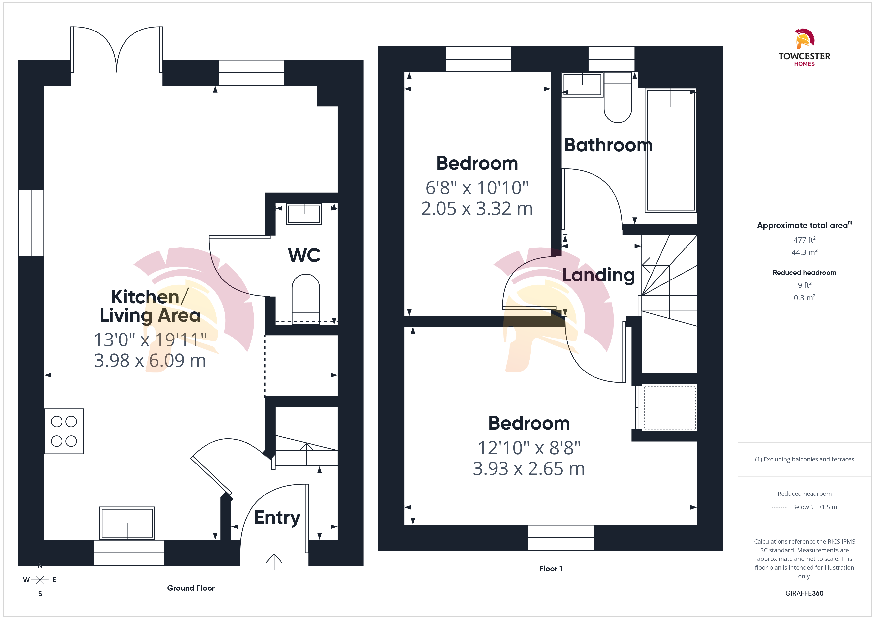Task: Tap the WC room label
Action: (x=304, y=255)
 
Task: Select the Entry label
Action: (x=277, y=518)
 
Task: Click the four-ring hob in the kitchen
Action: (x=64, y=431)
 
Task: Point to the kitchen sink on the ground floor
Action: (x=127, y=523)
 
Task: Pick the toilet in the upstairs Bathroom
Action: (x=618, y=97)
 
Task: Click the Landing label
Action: (x=599, y=275)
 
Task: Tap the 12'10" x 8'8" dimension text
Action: (x=529, y=448)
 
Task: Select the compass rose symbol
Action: (x=40, y=580)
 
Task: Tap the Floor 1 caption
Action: (x=551, y=569)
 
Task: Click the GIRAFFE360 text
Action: (x=805, y=593)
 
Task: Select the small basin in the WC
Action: (x=304, y=214)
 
